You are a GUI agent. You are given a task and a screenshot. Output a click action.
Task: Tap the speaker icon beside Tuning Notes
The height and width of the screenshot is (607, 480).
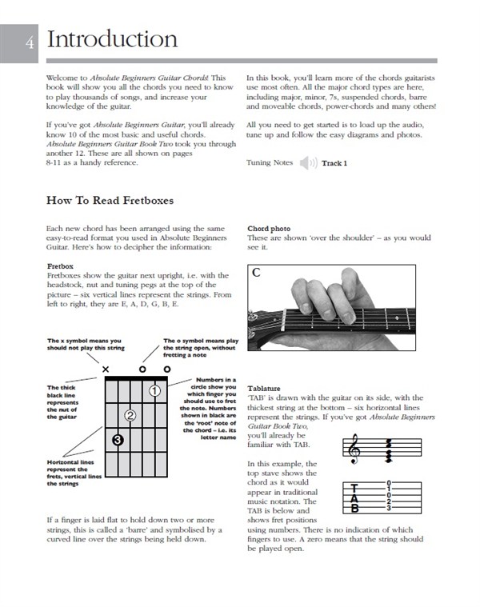(x=306, y=164)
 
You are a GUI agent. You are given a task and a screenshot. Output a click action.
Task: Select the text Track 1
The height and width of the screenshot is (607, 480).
(x=334, y=164)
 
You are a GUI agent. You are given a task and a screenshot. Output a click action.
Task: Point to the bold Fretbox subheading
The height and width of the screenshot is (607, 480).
(x=61, y=266)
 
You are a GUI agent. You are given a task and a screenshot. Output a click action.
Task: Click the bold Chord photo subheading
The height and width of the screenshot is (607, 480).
(x=269, y=229)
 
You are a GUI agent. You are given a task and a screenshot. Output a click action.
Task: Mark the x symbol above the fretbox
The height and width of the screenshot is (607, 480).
(x=106, y=369)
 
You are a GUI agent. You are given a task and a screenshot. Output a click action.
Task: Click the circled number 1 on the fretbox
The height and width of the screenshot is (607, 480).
(x=154, y=391)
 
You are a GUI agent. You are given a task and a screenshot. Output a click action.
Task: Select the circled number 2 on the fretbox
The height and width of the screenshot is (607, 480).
(x=130, y=415)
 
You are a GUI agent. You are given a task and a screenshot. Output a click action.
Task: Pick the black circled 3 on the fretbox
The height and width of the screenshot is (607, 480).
(x=117, y=440)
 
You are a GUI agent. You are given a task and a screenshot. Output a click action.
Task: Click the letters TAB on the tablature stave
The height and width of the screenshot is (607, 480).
(x=352, y=497)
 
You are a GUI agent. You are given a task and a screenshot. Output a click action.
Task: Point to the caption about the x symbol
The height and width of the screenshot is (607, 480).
(x=86, y=345)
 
